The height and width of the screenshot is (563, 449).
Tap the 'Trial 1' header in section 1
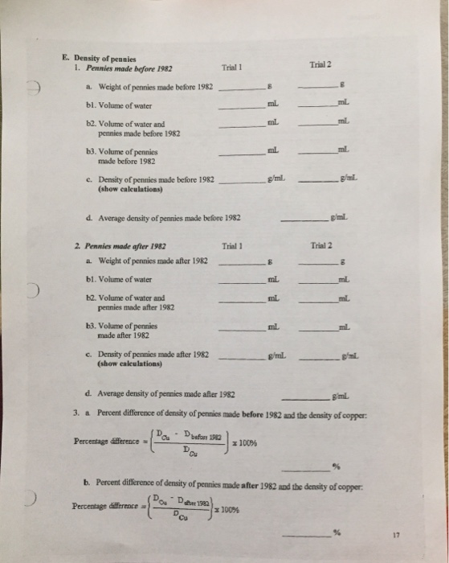click(x=231, y=68)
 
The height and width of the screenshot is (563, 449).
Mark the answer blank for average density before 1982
click(x=305, y=219)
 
